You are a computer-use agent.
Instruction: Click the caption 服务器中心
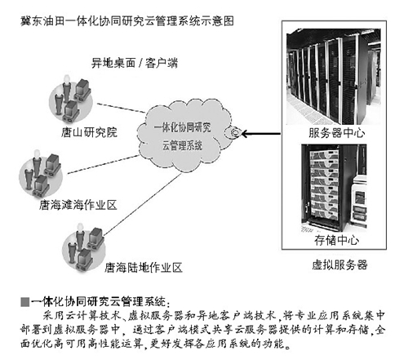[x=335, y=131]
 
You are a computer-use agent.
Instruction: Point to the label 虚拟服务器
[x=340, y=264]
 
